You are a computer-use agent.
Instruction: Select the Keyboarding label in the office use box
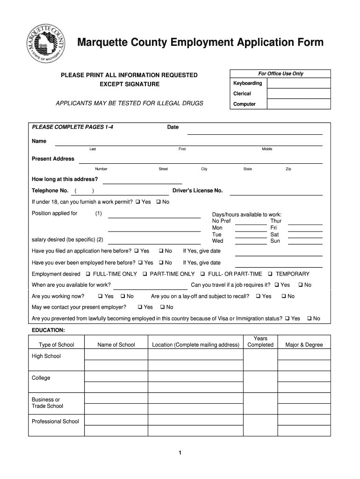[x=247, y=83]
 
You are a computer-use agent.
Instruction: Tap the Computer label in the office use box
[x=244, y=104]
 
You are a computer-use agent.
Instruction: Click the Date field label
[x=173, y=127]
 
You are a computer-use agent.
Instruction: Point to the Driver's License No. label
[x=198, y=191]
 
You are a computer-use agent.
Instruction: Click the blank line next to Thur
[x=305, y=221]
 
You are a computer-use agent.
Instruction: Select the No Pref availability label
[x=221, y=221]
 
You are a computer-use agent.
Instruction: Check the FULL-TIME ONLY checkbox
[x=89, y=274]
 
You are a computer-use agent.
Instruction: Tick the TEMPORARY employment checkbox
[x=271, y=274]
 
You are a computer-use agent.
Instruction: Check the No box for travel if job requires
[x=301, y=285]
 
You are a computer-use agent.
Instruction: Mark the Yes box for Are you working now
[x=101, y=297]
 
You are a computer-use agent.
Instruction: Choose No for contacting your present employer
[x=162, y=307]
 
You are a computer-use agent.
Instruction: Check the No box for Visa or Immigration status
[x=309, y=319]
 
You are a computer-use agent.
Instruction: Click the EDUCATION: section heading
[x=48, y=330]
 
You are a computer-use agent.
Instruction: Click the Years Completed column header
[x=260, y=341]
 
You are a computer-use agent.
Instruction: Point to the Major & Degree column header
[x=304, y=345]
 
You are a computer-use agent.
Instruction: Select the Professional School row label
[x=55, y=421]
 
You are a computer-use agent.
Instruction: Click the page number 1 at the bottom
[x=180, y=453]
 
